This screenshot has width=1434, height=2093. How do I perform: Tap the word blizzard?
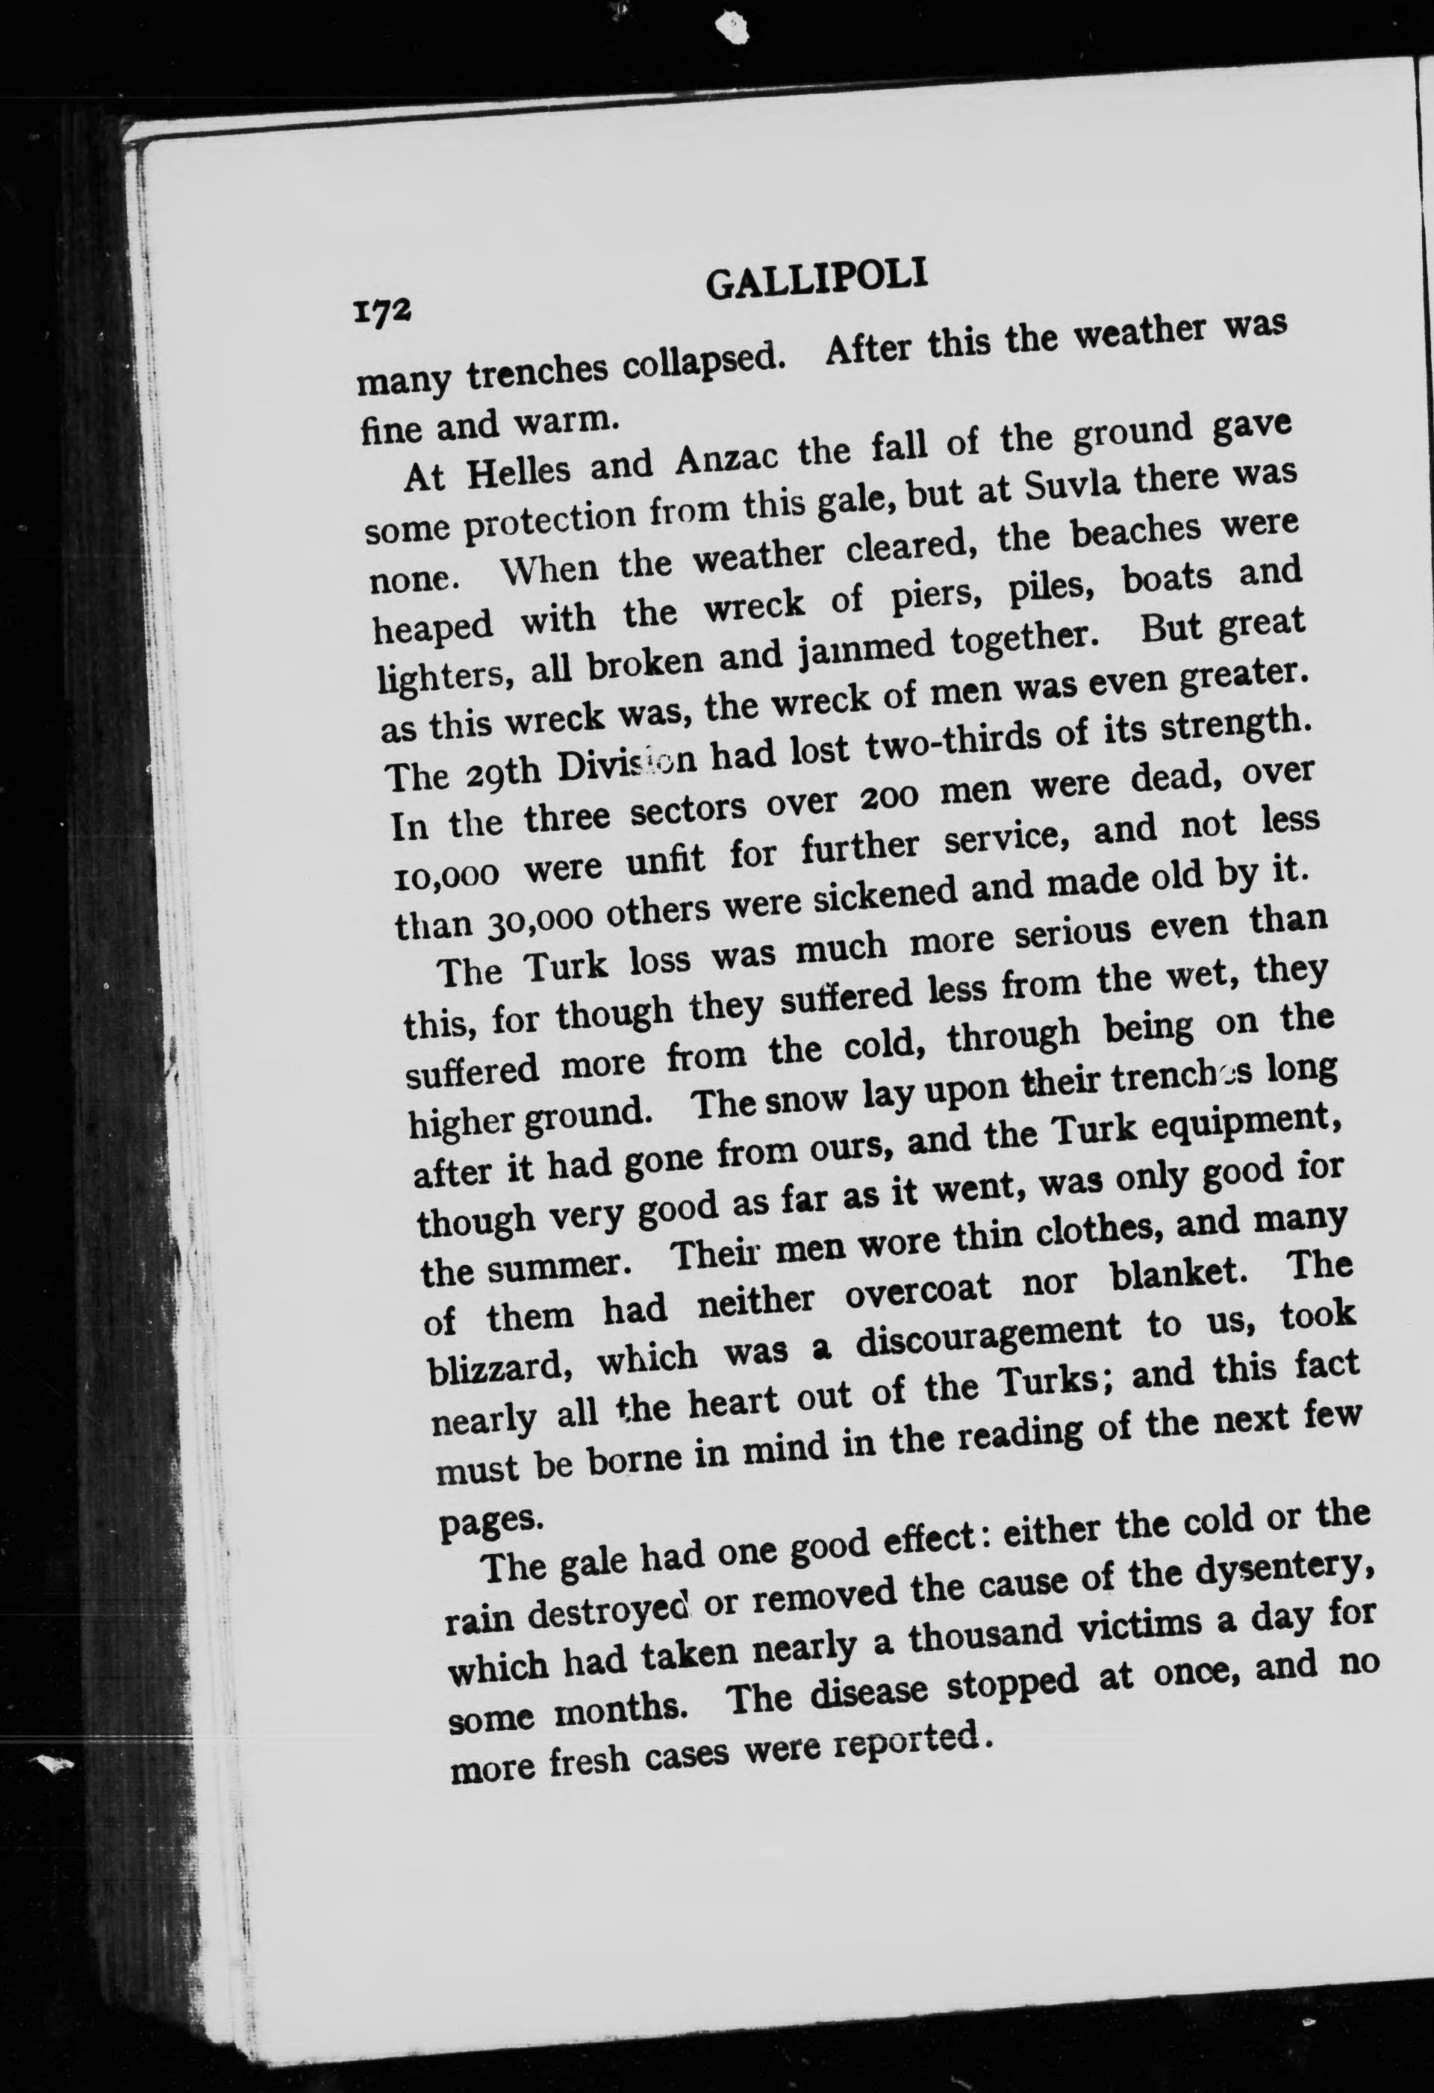[494, 1367]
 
